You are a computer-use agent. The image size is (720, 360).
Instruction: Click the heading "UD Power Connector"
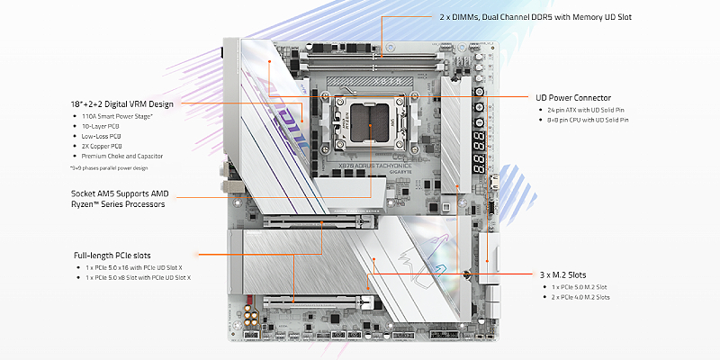(573, 97)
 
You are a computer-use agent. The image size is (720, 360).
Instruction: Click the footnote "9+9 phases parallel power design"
(114, 167)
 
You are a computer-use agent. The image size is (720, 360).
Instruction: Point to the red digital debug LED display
(477, 149)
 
